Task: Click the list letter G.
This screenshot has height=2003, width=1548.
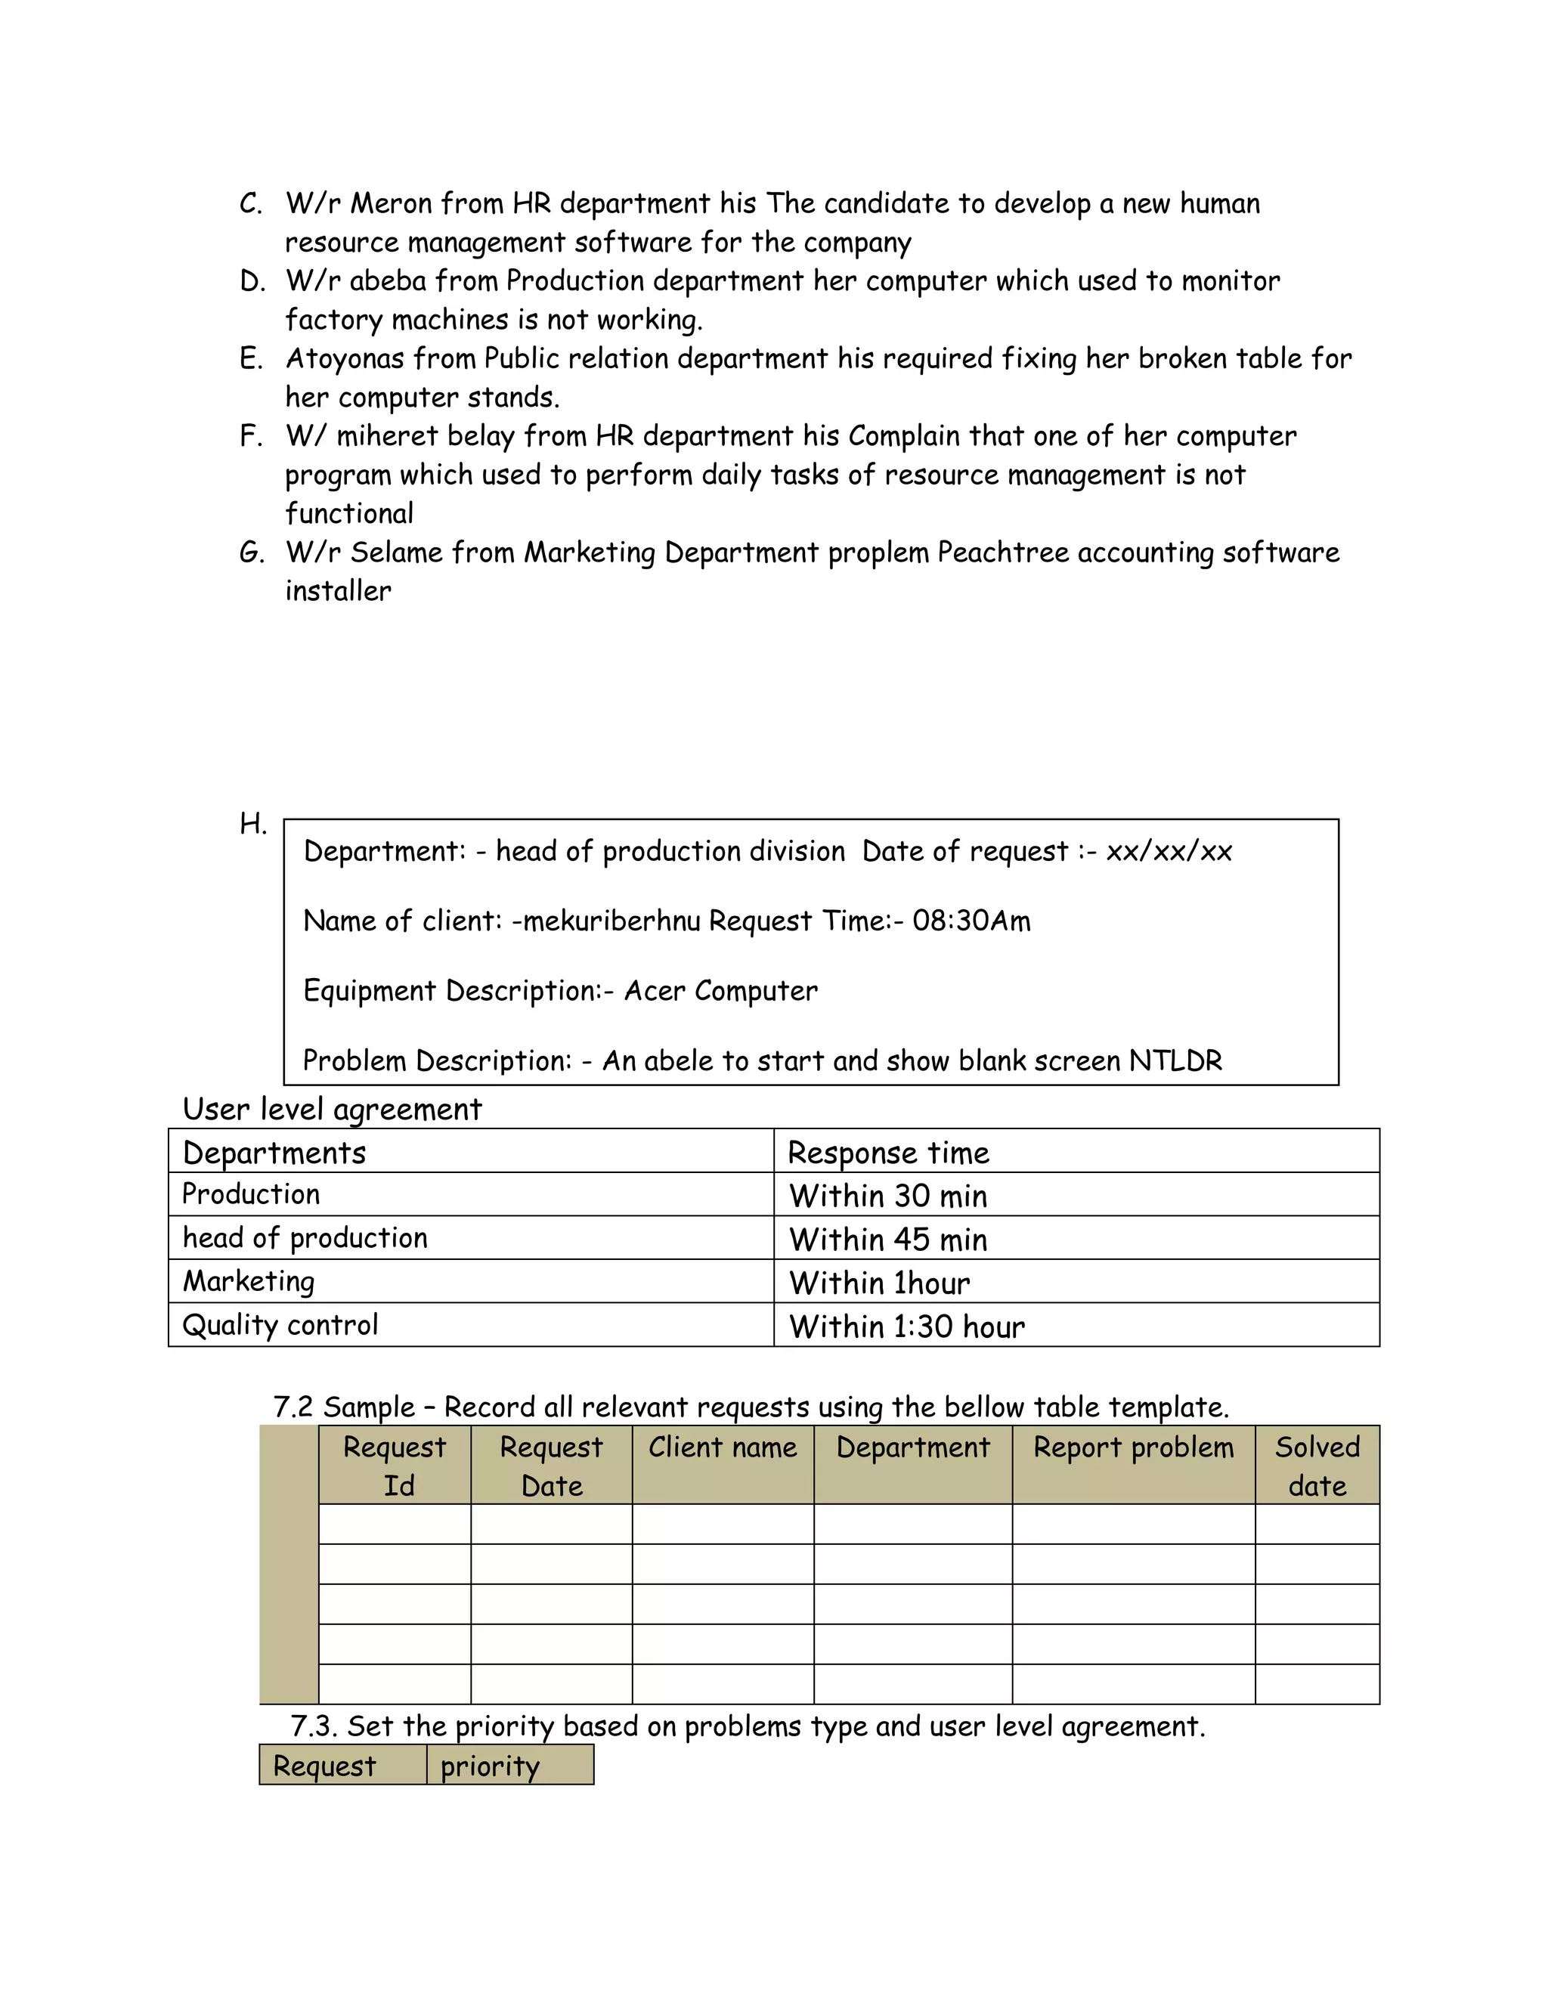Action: coord(251,553)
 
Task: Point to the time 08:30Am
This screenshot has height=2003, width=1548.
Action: coord(971,921)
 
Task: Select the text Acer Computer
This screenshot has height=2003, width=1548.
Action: coord(721,992)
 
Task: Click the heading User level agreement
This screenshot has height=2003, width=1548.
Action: coord(332,1110)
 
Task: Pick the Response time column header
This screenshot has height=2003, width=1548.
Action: coord(889,1153)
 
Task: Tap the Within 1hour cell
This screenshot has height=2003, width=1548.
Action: coord(880,1283)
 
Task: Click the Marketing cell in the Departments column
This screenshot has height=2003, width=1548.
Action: coord(249,1282)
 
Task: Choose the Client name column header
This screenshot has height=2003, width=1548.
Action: coord(723,1448)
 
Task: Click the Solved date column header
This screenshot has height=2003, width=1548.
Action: coord(1317,1466)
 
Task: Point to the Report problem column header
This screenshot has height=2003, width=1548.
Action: coord(1134,1448)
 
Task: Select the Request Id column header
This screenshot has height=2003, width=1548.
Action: coord(395,1466)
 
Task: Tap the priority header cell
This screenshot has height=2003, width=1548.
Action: coord(491,1766)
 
